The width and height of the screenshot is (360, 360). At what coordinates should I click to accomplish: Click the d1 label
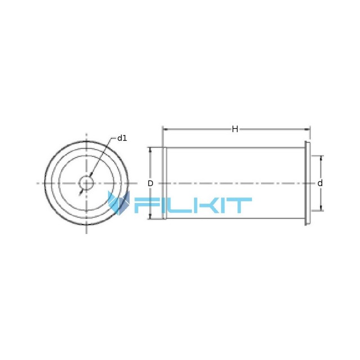tap(122, 138)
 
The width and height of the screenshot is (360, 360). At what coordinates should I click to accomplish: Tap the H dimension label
tap(235, 129)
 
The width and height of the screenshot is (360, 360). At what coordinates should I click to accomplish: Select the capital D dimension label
tap(150, 183)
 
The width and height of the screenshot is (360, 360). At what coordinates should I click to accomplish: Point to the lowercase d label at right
tap(320, 183)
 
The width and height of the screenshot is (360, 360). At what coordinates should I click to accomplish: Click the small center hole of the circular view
tap(86, 183)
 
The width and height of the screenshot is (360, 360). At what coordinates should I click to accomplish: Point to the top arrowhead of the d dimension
tap(321, 159)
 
